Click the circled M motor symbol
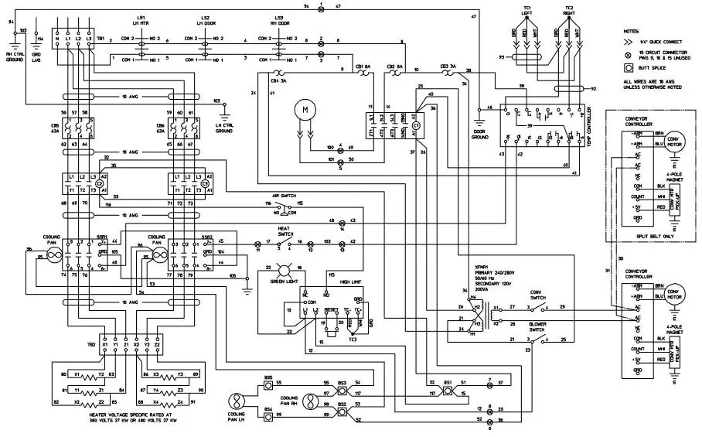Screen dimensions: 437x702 pyautogui.click(x=305, y=110)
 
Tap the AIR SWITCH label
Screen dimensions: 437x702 pyautogui.click(x=285, y=197)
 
